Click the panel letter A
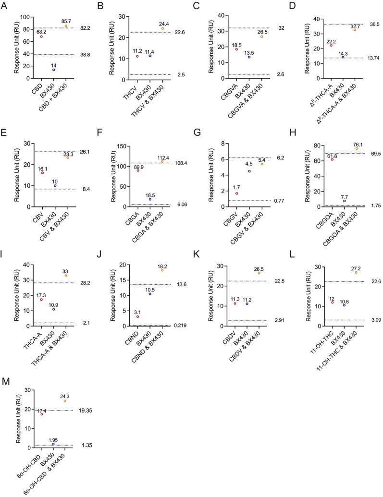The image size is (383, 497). pos(4,6)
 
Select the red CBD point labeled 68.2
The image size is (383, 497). pos(41,36)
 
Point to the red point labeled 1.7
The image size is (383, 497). pos(236,194)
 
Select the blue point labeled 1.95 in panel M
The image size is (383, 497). pos(53,444)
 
